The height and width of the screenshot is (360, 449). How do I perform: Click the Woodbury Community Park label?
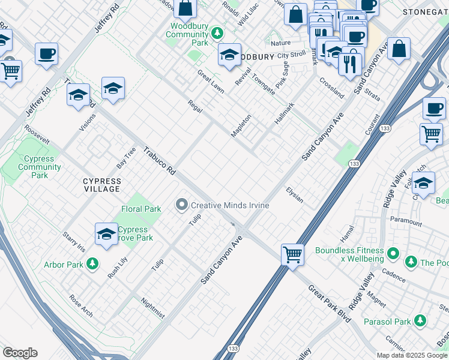[187, 34]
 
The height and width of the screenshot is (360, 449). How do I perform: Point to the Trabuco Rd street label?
[158, 162]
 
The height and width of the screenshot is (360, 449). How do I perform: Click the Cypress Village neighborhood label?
[102, 185]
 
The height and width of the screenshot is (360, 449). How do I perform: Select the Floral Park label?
[140, 209]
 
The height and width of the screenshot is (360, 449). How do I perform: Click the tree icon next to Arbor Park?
[92, 264]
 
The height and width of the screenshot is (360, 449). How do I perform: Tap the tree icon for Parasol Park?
[420, 321]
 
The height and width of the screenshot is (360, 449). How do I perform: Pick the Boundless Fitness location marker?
[393, 254]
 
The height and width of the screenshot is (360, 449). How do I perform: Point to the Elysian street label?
[295, 194]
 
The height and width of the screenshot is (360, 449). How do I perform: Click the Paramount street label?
[406, 221]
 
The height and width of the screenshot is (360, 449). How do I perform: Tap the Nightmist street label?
[152, 308]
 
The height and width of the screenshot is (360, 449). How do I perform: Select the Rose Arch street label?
[80, 305]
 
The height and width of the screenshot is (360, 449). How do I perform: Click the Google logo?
[20, 353]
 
